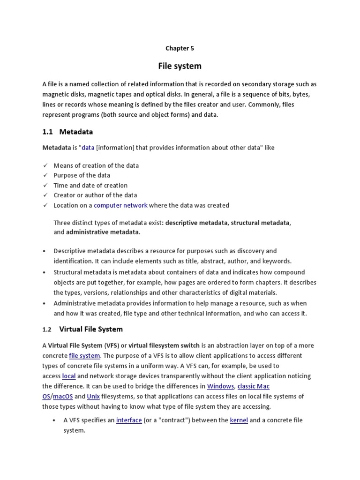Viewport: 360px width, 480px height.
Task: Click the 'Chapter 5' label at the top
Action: [x=180, y=48]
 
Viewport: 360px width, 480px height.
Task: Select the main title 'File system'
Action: [x=180, y=66]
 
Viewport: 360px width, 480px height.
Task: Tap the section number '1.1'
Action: [x=48, y=132]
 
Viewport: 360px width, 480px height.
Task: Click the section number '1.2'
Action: [x=47, y=330]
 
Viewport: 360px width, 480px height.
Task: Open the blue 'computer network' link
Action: [x=120, y=205]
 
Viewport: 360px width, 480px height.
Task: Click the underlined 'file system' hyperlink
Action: [x=84, y=356]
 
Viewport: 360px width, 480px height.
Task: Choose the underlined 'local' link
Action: [x=69, y=376]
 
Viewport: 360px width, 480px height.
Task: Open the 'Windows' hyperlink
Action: [x=220, y=386]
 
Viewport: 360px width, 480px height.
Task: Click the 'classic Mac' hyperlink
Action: [x=254, y=386]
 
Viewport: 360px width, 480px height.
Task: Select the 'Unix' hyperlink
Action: [x=93, y=397]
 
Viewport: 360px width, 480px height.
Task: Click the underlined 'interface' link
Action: [x=129, y=420]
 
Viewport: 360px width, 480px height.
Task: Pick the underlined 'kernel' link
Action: [x=239, y=420]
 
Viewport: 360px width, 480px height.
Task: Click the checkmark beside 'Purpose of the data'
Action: [x=45, y=175]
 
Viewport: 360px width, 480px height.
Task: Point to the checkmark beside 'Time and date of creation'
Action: [x=45, y=185]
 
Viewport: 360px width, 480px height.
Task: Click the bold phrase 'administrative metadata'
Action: [x=102, y=232]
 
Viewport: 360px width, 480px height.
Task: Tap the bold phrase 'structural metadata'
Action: [x=260, y=222]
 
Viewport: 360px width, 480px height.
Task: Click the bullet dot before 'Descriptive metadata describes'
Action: [x=44, y=251]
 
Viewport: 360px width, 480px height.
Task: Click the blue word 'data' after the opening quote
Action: [x=88, y=148]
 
